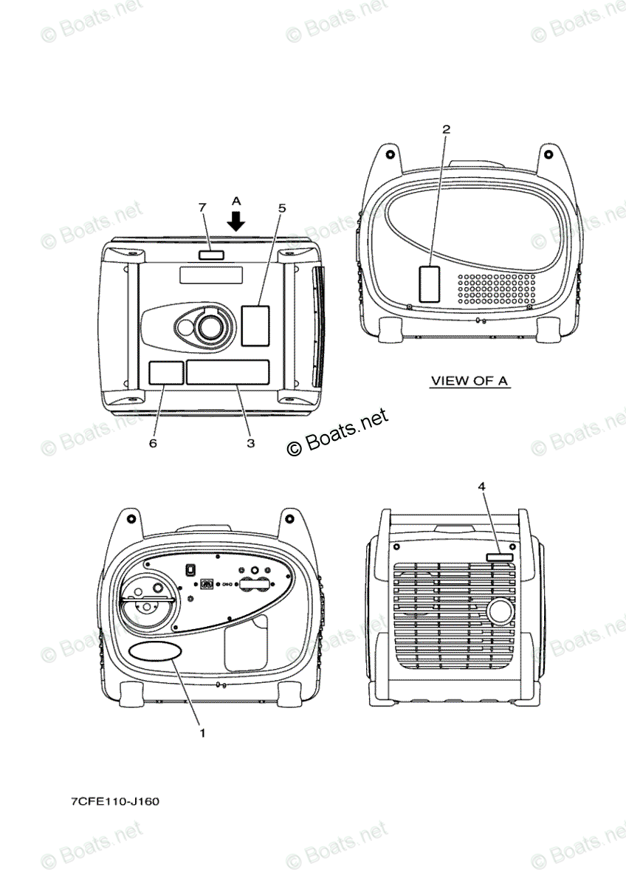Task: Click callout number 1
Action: (x=202, y=733)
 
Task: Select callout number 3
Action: (x=250, y=443)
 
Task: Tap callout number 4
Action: (x=481, y=487)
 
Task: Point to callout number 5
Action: (x=282, y=208)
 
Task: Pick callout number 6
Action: (x=153, y=443)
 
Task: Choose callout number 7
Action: (x=202, y=207)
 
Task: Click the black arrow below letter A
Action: (x=236, y=220)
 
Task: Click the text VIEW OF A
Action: (x=470, y=381)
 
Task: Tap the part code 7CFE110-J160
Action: (x=115, y=801)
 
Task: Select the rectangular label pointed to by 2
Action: (x=429, y=284)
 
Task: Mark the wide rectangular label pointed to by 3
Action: (x=227, y=373)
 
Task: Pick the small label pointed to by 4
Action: (x=500, y=557)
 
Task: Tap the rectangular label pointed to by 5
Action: (x=255, y=325)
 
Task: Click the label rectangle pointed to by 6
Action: (x=166, y=373)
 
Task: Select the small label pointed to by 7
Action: (x=210, y=255)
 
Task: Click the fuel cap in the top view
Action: (x=210, y=324)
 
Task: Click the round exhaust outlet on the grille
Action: (x=501, y=612)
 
